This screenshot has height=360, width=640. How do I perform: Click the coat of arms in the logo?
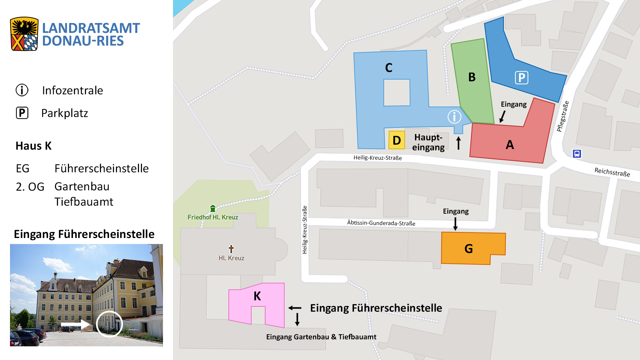pyautogui.click(x=24, y=34)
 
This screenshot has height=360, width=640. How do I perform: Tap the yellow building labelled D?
pyautogui.click(x=397, y=140)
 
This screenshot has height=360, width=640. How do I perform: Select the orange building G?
pyautogui.click(x=469, y=248)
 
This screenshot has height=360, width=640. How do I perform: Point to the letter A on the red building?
pyautogui.click(x=510, y=145)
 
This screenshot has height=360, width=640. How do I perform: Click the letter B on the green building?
pyautogui.click(x=472, y=77)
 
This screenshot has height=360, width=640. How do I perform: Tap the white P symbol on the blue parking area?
pyautogui.click(x=521, y=78)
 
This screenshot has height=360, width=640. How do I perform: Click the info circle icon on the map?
pyautogui.click(x=454, y=117)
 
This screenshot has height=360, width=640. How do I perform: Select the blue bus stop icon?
pyautogui.click(x=577, y=154)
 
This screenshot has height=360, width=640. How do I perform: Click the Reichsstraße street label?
pyautogui.click(x=612, y=172)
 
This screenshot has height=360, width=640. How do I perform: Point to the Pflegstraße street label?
pyautogui.click(x=563, y=116)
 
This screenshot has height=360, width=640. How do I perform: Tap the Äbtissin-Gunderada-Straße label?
pyautogui.click(x=381, y=223)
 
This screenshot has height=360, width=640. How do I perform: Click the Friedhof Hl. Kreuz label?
pyautogui.click(x=213, y=217)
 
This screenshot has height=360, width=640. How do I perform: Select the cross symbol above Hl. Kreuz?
pyautogui.click(x=231, y=249)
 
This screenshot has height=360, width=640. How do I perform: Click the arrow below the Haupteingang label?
pyautogui.click(x=458, y=143)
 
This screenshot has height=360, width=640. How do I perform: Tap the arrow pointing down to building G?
pyautogui.click(x=455, y=223)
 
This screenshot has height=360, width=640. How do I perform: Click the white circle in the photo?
pyautogui.click(x=109, y=324)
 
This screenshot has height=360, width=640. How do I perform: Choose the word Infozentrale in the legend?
pyautogui.click(x=72, y=90)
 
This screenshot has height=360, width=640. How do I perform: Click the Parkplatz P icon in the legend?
pyautogui.click(x=22, y=113)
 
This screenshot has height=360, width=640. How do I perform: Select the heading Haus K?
pyautogui.click(x=33, y=146)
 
